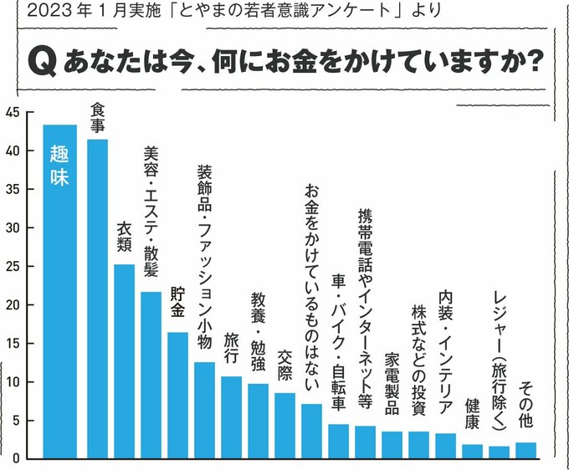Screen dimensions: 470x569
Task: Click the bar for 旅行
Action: click(231, 417)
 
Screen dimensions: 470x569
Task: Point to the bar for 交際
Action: click(284, 426)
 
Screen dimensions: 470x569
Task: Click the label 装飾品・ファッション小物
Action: click(204, 256)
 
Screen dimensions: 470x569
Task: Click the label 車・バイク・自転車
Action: click(338, 344)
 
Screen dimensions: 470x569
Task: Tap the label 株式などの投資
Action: click(418, 360)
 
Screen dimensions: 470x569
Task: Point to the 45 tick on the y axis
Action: click(11, 114)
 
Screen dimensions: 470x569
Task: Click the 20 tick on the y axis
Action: click(11, 305)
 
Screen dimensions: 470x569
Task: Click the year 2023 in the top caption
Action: click(40, 13)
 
